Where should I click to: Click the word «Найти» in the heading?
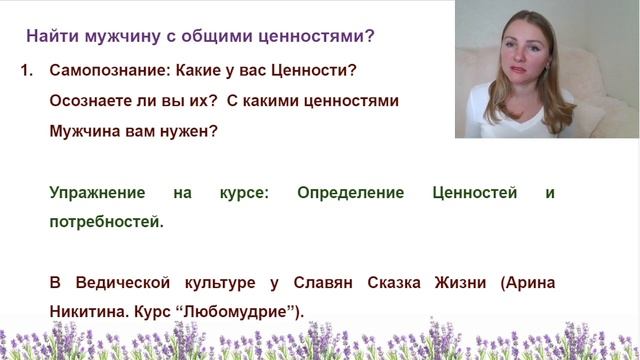click(x=51, y=36)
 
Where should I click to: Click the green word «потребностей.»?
click(x=106, y=223)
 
